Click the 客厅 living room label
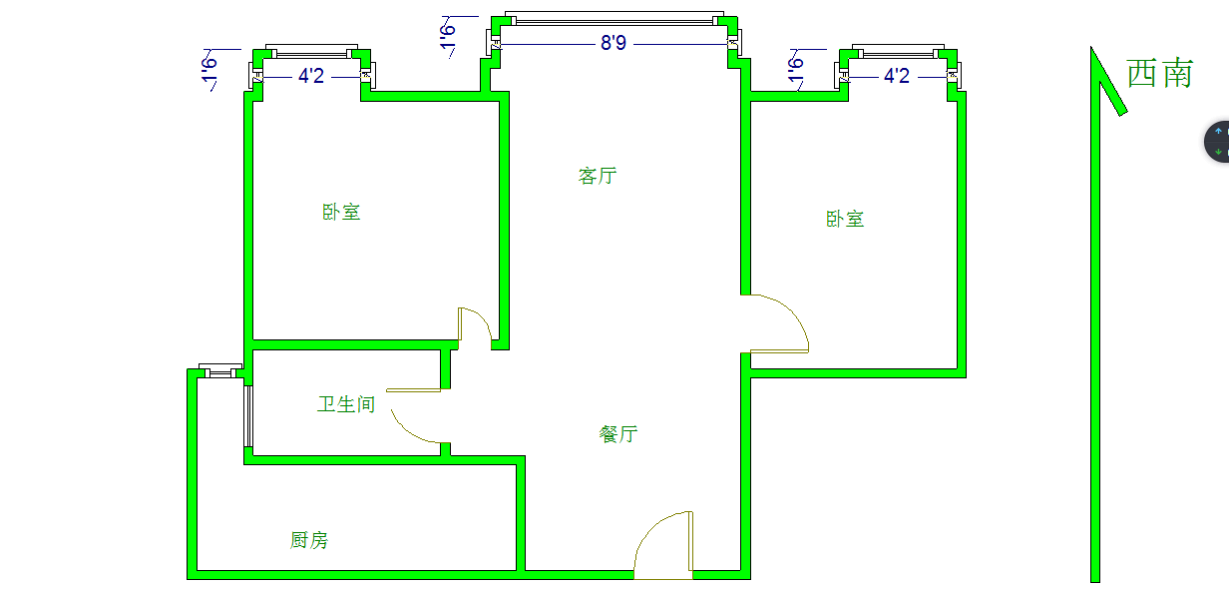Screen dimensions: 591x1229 coord(598,176)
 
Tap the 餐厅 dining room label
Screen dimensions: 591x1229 coord(618,434)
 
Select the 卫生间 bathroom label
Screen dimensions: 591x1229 coord(346,404)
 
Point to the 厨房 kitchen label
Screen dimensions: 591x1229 coord(309,540)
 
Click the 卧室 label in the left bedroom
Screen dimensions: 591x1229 coord(341,212)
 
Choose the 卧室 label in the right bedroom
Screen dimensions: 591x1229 coord(845,219)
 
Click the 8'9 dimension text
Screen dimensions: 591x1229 coord(613,44)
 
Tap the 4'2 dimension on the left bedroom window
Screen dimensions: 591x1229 coord(311,76)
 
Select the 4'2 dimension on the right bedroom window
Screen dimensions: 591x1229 coord(897,76)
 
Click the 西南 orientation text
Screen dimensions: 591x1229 coord(1159,73)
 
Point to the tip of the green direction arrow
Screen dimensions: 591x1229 coord(1093,50)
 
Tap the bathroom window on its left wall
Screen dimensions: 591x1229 coord(248,415)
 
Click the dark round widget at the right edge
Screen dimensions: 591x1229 coord(1218,142)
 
